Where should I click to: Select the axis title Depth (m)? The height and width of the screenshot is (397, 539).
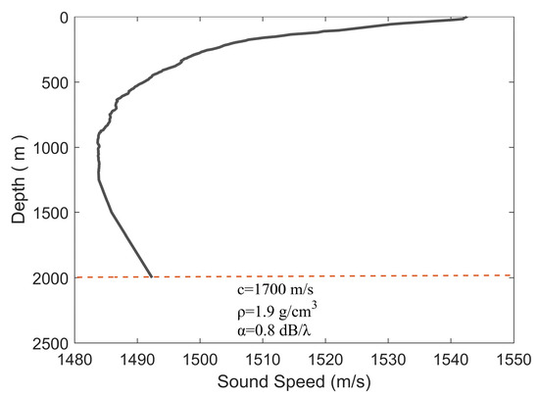[x=19, y=178]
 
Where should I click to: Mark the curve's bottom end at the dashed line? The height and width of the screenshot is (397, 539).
[x=151, y=276]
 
